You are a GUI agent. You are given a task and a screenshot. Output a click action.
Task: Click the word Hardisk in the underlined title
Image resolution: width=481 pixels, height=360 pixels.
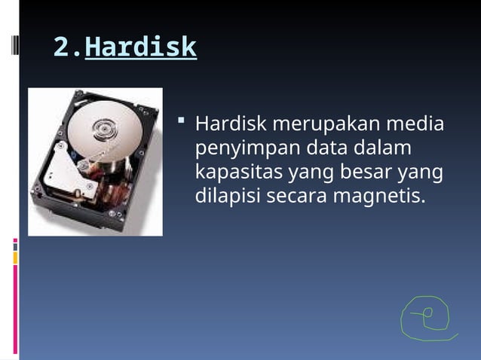click(140, 47)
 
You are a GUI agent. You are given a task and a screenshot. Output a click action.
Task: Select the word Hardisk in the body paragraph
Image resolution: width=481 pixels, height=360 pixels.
click(231, 123)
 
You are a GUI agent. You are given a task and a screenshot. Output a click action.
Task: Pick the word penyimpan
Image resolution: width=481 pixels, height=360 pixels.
click(240, 148)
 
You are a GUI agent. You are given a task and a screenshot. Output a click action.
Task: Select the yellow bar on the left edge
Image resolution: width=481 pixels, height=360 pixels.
click(15, 258)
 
